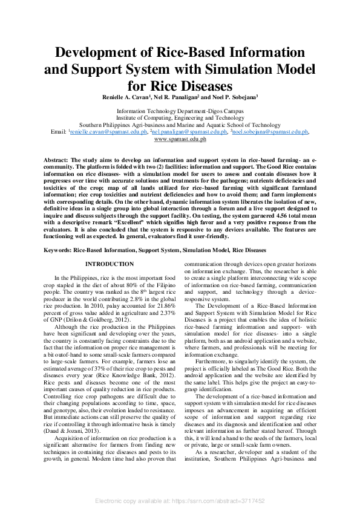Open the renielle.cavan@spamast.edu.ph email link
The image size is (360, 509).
[x=108, y=131]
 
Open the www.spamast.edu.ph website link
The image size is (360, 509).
[x=180, y=138]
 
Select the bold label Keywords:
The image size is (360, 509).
[x=59, y=250]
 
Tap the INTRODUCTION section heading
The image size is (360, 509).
[x=110, y=264]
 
